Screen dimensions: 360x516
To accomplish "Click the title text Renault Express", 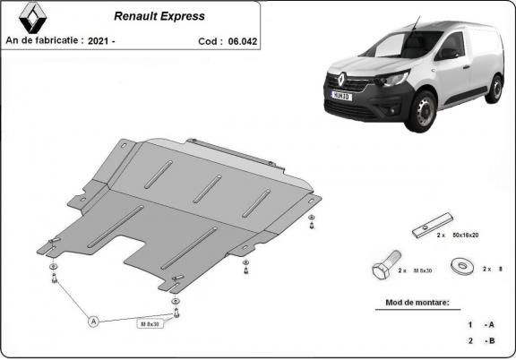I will coord(159,16).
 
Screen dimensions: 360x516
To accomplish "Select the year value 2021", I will coord(102,40).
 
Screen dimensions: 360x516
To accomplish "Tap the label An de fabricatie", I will coord(44,40).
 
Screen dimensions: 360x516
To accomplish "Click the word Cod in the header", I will coord(208,41).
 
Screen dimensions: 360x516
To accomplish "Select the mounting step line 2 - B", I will coord(481,341).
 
